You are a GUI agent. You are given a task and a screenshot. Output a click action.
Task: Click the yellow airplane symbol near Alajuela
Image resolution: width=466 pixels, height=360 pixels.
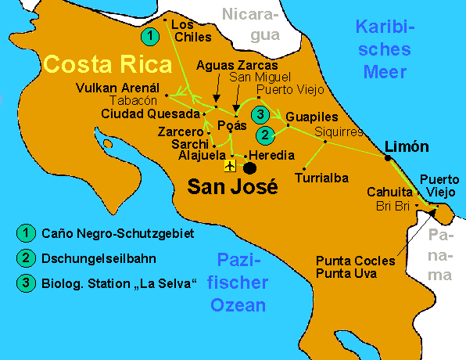tap(230, 167)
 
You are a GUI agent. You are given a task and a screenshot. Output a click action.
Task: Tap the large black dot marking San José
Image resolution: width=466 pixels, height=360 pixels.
tap(249, 167)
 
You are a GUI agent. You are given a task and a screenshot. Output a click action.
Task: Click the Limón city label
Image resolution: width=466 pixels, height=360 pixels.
tap(407, 146)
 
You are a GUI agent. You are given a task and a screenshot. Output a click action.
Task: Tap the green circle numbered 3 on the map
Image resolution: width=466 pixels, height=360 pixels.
tap(261, 116)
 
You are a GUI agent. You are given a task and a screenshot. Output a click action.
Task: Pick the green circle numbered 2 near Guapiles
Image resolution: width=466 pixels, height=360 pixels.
tap(266, 135)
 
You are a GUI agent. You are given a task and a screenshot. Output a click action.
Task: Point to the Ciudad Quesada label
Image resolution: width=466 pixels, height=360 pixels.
tap(145, 114)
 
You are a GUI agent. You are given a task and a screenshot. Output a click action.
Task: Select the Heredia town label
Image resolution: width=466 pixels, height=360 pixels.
tap(271, 155)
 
